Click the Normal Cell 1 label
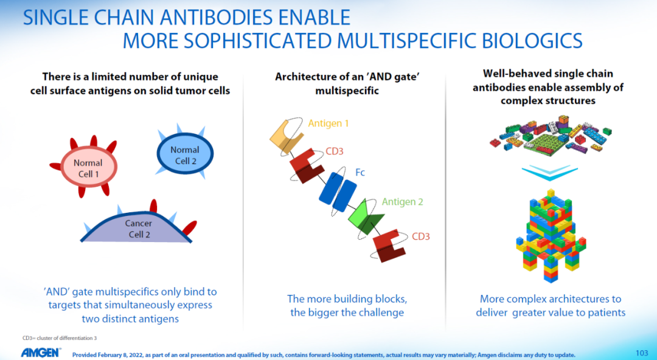[88, 168]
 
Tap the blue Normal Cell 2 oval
[185, 153]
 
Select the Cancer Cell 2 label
[139, 229]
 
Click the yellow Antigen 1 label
[328, 123]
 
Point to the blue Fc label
[360, 172]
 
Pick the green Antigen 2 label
[402, 201]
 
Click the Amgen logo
[41, 353]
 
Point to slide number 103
[642, 353]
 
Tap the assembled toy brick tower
[550, 235]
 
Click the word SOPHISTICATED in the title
[259, 41]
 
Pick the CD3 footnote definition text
[60, 338]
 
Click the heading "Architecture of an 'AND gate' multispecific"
[347, 83]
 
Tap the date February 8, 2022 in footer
[119, 355]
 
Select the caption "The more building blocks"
[347, 299]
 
